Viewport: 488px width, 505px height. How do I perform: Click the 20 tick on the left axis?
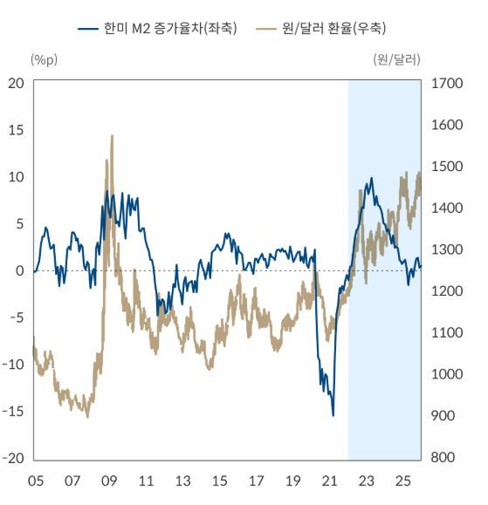point(16,83)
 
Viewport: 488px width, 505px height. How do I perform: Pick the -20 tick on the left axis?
point(13,458)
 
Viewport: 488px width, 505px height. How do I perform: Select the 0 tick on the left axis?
point(19,270)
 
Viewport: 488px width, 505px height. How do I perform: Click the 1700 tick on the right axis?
point(446,83)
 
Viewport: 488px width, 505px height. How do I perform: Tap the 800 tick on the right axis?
point(443,458)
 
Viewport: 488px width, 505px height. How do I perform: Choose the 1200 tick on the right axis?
point(446,291)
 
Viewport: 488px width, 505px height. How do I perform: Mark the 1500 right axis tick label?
point(446,167)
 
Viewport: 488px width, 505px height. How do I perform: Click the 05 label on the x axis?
point(36,481)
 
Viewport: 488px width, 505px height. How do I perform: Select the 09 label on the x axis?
point(109,481)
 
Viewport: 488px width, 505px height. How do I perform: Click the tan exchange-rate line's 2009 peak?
point(112,136)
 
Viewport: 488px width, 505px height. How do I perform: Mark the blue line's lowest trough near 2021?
point(333,414)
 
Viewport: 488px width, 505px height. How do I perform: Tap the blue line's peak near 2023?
point(371,179)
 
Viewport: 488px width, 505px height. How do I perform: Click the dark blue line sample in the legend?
point(87,29)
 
